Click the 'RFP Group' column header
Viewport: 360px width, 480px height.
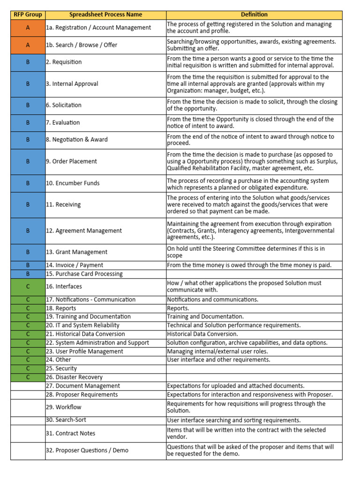(x=28, y=15)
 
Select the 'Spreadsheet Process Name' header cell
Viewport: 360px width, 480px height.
(x=105, y=15)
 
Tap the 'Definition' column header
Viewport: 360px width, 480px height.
(x=255, y=15)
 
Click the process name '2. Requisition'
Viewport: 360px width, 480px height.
(x=64, y=62)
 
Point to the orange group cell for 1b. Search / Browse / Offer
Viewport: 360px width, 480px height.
(x=28, y=45)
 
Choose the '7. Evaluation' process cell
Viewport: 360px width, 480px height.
(x=63, y=122)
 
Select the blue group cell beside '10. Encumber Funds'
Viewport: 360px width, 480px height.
(x=28, y=183)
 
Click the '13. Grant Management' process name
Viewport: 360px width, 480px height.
(x=76, y=252)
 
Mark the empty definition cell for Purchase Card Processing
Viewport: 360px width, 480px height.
(x=255, y=274)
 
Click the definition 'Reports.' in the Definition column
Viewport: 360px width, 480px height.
(x=178, y=308)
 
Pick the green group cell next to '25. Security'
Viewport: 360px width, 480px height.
(x=28, y=368)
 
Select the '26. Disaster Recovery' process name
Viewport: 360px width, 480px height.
(x=74, y=377)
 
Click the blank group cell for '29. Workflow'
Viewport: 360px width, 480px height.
(x=28, y=407)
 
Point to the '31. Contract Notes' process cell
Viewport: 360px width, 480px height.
(x=70, y=433)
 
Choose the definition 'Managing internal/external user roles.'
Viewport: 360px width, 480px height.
(x=217, y=351)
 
